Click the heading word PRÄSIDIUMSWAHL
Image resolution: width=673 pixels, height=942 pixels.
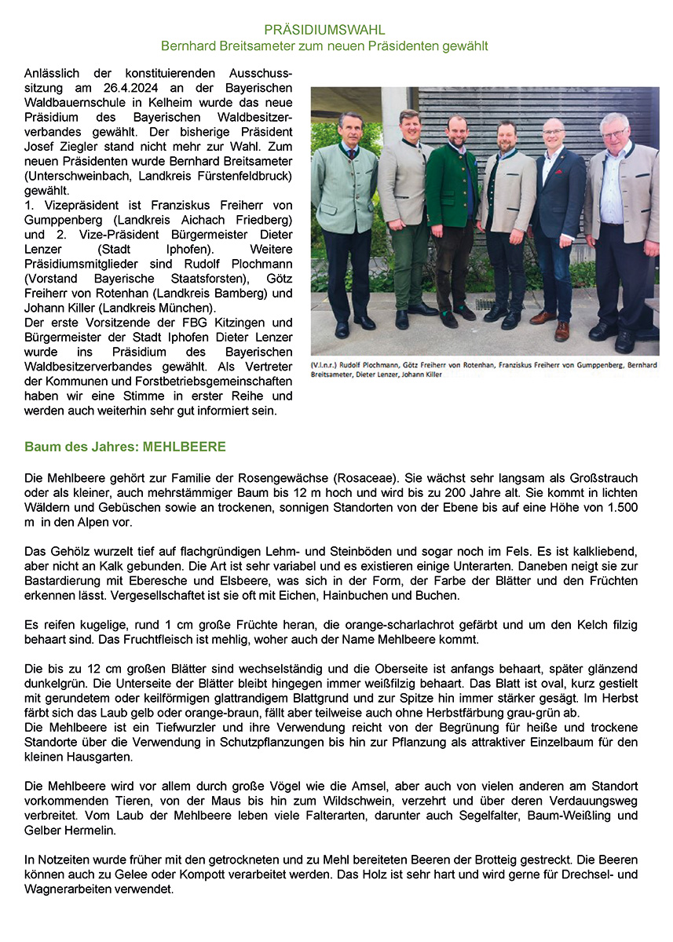click(324, 31)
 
